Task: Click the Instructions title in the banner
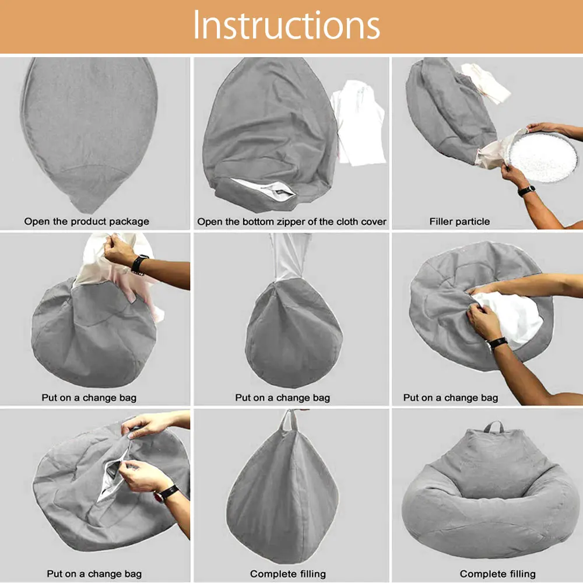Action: [286, 25]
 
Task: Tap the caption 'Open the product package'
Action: [87, 222]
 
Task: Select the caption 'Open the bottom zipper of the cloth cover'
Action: [292, 222]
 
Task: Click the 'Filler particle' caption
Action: [459, 222]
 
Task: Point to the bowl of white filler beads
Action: [542, 157]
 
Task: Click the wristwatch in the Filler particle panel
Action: [526, 191]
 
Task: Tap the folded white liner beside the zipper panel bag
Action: [359, 122]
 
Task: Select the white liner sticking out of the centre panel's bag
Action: [290, 257]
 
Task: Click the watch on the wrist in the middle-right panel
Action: [497, 342]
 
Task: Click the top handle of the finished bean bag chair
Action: [494, 426]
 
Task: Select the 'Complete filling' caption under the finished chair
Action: [497, 574]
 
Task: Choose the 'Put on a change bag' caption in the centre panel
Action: [283, 398]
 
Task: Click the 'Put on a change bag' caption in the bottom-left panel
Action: [94, 574]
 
